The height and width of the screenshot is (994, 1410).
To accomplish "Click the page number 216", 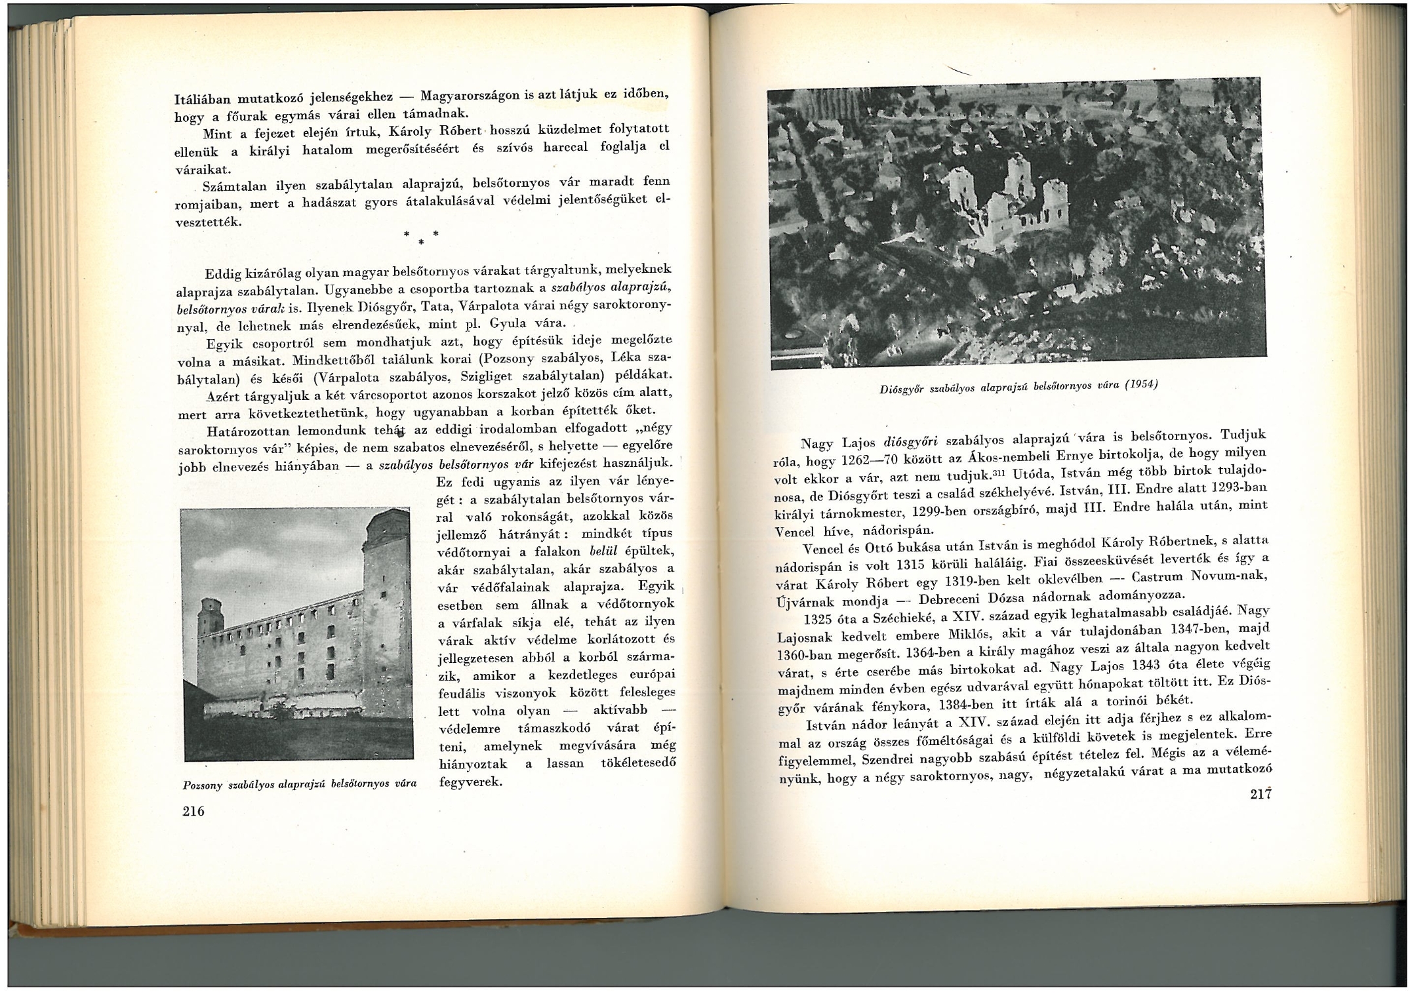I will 193,811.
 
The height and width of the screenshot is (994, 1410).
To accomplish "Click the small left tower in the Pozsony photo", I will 211,616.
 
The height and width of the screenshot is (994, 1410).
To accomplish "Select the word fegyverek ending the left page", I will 469,782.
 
